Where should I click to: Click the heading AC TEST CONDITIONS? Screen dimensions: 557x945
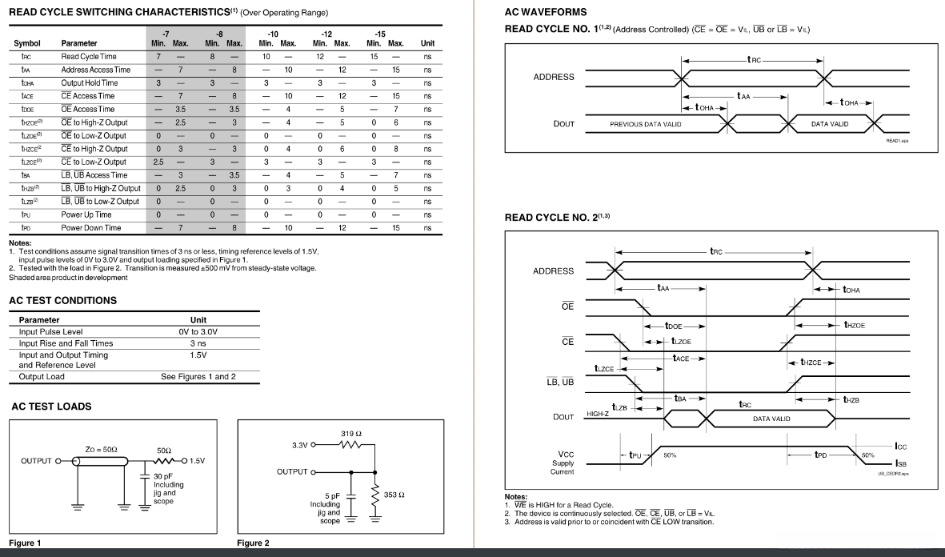click(62, 300)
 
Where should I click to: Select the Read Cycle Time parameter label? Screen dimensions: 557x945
click(87, 57)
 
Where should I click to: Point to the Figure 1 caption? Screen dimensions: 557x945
click(26, 543)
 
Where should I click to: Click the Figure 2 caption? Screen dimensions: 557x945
click(253, 543)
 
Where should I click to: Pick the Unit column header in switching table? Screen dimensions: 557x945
click(427, 43)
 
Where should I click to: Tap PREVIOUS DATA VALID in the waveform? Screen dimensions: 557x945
click(646, 124)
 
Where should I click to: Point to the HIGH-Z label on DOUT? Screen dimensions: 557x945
click(599, 414)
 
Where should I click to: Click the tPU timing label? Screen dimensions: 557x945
click(637, 455)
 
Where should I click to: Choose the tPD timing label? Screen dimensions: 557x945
click(820, 455)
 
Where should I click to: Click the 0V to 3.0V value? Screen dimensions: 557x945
click(198, 331)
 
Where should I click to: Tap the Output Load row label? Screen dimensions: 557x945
click(42, 376)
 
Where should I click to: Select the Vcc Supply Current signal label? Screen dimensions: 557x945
click(562, 463)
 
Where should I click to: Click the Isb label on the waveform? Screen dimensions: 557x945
click(901, 463)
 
